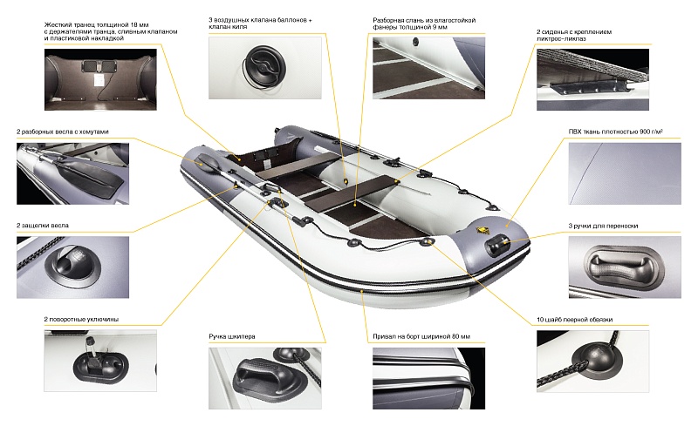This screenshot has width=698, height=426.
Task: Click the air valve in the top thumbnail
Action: (x=265, y=67)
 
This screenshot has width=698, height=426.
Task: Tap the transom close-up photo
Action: (x=100, y=79)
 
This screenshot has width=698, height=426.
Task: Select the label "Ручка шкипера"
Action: (x=232, y=336)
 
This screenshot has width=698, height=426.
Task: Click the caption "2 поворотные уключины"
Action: (x=81, y=319)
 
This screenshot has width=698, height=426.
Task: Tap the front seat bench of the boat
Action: (x=350, y=193)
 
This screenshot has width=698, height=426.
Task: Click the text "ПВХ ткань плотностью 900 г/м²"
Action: (x=616, y=132)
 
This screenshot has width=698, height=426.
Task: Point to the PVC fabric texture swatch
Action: (x=625, y=173)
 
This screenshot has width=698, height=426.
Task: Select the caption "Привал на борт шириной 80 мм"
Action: (x=421, y=336)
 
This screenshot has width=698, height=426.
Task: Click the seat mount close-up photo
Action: (x=593, y=79)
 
